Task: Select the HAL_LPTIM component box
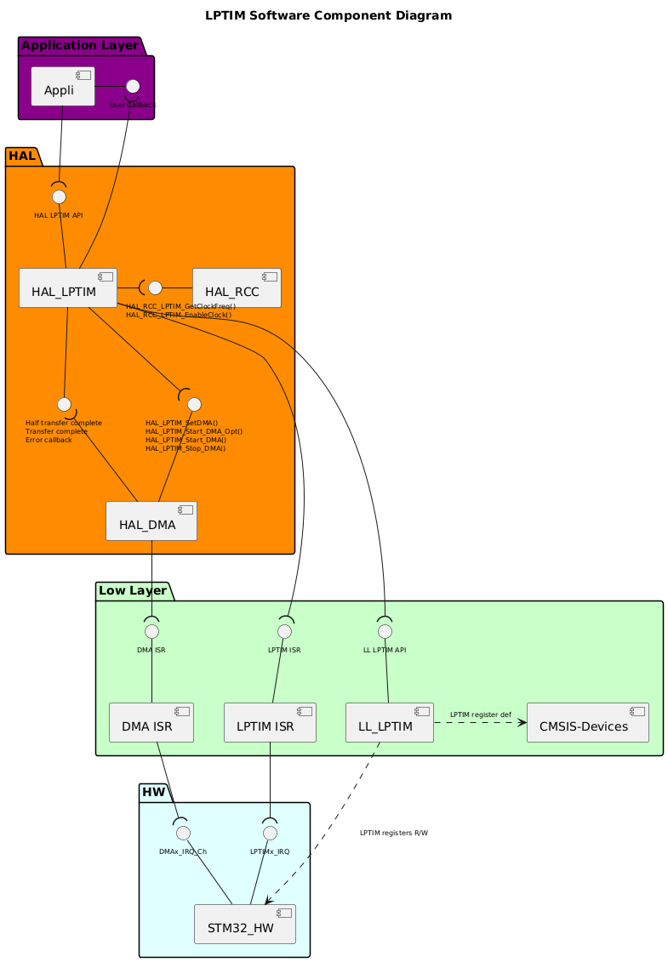click(68, 288)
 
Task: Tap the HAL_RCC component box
click(237, 288)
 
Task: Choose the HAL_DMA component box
click(151, 521)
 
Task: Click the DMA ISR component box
click(151, 723)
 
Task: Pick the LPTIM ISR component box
click(270, 723)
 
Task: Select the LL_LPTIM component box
click(390, 723)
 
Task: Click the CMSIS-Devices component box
click(587, 723)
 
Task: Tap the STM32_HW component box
click(245, 924)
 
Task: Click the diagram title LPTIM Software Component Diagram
click(334, 15)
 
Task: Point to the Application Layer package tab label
click(79, 45)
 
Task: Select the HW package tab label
click(154, 792)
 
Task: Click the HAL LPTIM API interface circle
click(59, 196)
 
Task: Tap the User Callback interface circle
click(133, 86)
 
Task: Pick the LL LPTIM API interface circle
click(385, 631)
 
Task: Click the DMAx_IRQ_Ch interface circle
click(182, 833)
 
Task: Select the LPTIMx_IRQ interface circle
click(270, 833)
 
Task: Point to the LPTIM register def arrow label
click(480, 714)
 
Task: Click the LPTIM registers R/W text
click(393, 833)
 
